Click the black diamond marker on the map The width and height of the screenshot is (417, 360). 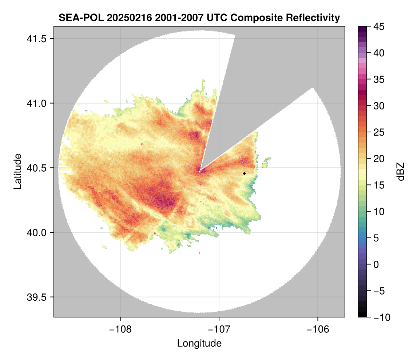click(245, 173)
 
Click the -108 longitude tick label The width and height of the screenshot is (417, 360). click(120, 329)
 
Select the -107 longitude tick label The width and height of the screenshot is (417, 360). click(219, 329)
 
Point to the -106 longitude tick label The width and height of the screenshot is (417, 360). click(318, 329)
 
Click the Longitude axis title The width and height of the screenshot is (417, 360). click(199, 343)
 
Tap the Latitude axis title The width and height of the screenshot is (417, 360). click(17, 171)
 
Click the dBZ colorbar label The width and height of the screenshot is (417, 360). click(400, 171)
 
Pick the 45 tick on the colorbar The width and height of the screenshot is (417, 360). click(379, 27)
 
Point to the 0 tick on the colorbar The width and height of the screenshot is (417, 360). click(376, 264)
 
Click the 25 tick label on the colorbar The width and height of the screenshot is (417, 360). click(379, 132)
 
